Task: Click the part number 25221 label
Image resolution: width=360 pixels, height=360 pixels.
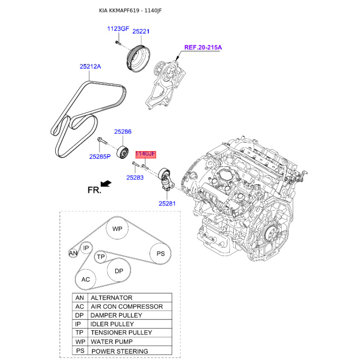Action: (141, 31)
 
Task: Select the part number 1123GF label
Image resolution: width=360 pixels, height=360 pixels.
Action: (118, 29)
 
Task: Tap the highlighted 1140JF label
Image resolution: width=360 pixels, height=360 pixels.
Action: (145, 154)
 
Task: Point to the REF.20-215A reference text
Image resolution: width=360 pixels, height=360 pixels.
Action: (203, 47)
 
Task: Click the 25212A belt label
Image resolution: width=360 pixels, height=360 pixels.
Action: (90, 66)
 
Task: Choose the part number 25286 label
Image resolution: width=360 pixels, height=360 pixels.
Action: (123, 131)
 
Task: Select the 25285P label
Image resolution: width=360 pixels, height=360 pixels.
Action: (100, 157)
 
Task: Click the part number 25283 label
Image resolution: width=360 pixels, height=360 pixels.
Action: (135, 177)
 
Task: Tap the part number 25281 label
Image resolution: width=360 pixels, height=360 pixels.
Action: (167, 203)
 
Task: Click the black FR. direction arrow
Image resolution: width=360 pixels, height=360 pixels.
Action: (106, 184)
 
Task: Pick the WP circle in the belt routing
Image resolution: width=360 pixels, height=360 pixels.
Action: (117, 229)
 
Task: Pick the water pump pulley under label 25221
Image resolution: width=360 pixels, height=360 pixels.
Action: (138, 58)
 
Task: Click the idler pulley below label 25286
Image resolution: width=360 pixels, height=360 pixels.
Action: (123, 152)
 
